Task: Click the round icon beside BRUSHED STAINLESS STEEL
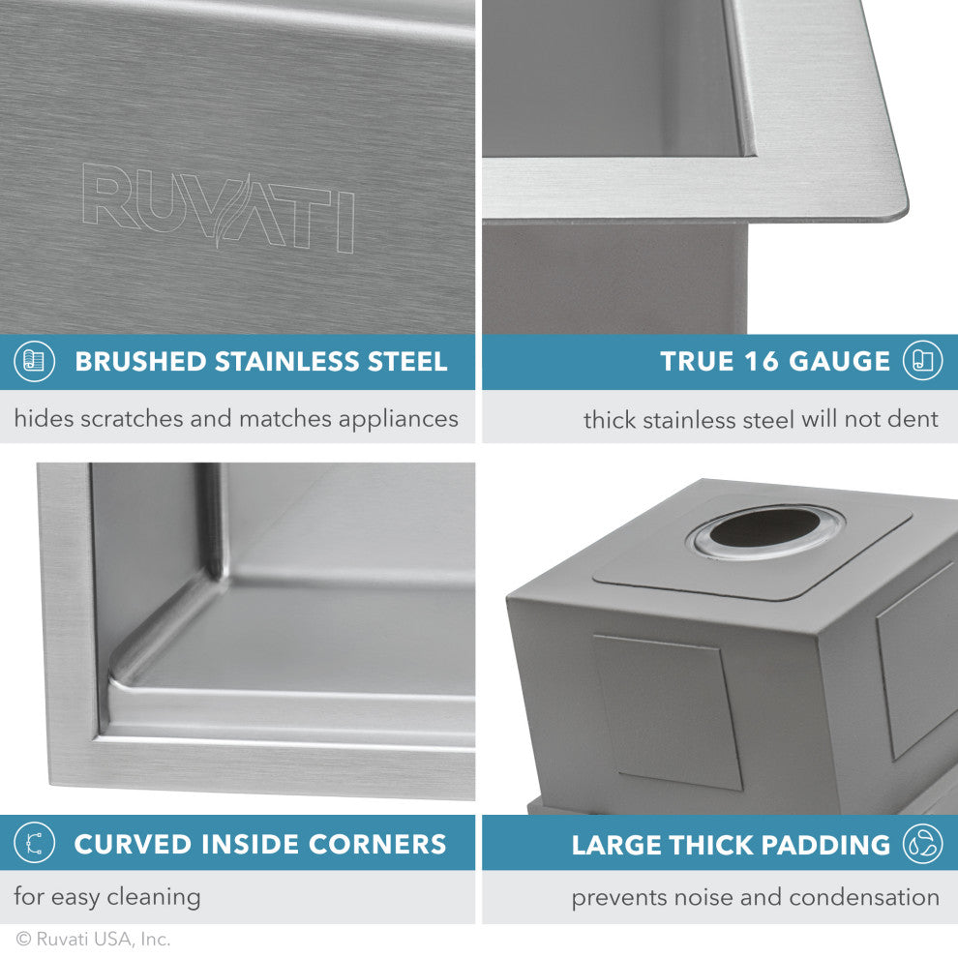click(x=34, y=362)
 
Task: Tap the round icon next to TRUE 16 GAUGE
click(x=922, y=361)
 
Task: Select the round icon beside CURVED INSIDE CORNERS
click(x=34, y=843)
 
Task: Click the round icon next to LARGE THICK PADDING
click(x=922, y=844)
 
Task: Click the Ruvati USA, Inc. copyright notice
click(x=93, y=939)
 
